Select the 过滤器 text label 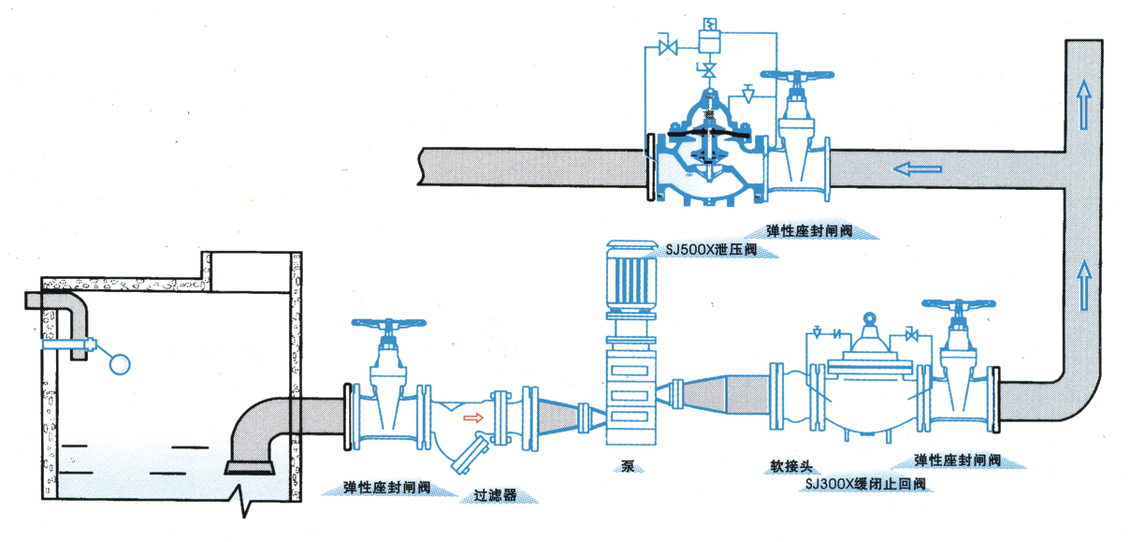pos(495,495)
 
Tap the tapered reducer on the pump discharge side pos(720,399)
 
